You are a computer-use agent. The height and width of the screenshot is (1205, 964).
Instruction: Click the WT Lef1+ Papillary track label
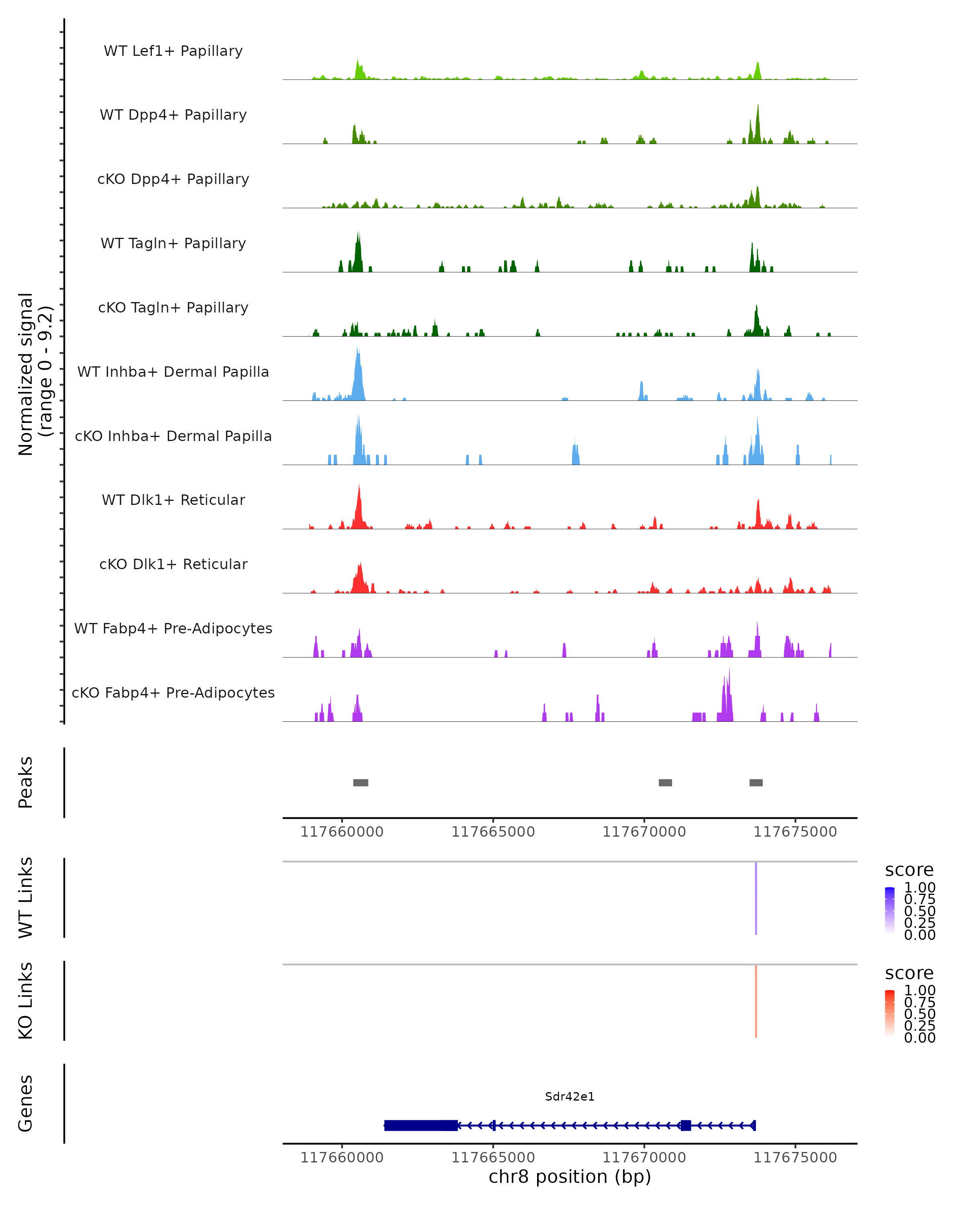coord(173,51)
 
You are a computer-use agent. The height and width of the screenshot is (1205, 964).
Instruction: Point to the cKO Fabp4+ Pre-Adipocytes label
coord(173,692)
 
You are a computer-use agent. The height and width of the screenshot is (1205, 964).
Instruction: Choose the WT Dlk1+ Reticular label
coord(173,500)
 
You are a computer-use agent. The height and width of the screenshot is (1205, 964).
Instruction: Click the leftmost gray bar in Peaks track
coord(360,782)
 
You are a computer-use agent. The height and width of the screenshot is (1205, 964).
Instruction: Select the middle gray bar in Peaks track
coord(665,782)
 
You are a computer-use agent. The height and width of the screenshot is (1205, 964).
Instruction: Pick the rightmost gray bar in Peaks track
coord(756,782)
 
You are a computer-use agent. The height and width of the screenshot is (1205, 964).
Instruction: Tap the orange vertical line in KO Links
coord(756,1001)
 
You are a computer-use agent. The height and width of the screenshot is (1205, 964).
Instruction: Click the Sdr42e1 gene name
coord(570,1097)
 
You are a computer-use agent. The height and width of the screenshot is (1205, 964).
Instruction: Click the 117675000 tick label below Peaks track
coord(795,832)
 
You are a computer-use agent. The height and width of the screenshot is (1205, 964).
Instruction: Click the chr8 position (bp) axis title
coord(570,1176)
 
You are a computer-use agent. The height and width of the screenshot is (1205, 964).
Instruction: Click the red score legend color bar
coord(890,1014)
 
